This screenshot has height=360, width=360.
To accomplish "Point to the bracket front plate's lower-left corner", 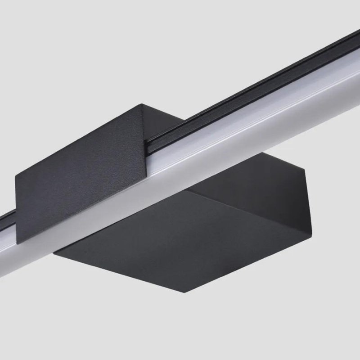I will [x=18, y=243].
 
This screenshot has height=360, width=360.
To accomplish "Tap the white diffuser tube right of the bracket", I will [x=270, y=112].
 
